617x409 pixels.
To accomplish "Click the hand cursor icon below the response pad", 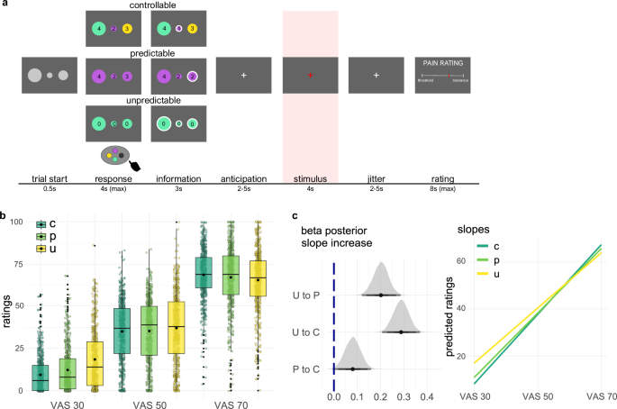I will (x=134, y=165).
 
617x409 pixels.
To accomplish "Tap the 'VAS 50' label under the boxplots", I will (x=152, y=401).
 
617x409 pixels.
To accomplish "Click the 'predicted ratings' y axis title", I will (x=451, y=311).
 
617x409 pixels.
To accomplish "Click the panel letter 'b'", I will (x=5, y=216).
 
